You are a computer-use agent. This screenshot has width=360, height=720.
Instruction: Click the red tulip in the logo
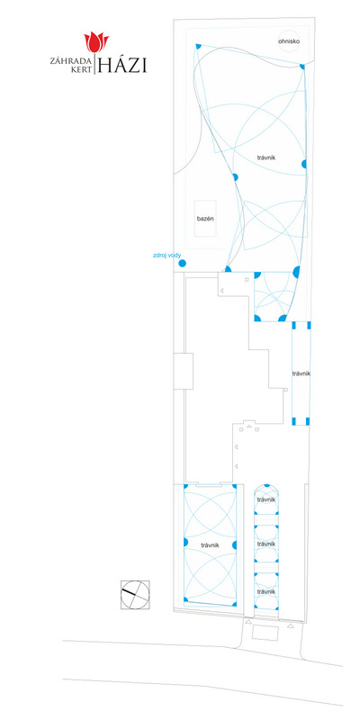(96, 42)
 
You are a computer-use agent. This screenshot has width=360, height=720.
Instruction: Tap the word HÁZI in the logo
(121, 65)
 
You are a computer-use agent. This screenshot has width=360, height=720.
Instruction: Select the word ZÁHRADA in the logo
(71, 60)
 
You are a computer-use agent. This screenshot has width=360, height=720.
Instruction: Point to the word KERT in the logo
(81, 70)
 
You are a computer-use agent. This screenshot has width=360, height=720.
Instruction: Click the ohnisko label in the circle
(289, 41)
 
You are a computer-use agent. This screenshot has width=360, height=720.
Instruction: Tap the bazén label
(205, 219)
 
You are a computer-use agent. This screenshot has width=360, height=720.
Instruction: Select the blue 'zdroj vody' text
(167, 255)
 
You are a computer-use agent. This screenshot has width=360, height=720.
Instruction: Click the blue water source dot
(182, 264)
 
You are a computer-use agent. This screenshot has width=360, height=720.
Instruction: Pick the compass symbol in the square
(135, 595)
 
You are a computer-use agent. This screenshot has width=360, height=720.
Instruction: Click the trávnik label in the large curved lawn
(266, 157)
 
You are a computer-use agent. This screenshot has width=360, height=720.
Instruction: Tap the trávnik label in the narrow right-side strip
(301, 373)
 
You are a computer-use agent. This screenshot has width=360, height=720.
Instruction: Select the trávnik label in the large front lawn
(210, 545)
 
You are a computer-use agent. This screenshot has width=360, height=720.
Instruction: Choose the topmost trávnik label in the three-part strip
(265, 499)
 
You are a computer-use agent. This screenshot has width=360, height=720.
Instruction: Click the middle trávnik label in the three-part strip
(265, 544)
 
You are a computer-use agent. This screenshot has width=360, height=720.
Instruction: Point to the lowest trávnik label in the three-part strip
(265, 592)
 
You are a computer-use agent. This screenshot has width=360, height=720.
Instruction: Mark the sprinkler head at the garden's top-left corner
(198, 46)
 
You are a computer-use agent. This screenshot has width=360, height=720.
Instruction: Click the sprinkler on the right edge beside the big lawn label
(304, 164)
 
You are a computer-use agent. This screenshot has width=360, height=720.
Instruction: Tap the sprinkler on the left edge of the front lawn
(185, 543)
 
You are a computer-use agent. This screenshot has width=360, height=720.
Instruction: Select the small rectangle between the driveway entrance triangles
(265, 633)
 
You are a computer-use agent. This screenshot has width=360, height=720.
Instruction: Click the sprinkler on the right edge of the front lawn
(235, 545)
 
